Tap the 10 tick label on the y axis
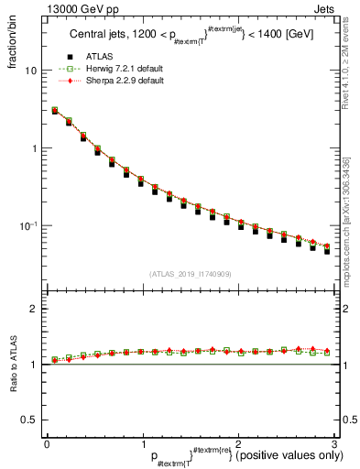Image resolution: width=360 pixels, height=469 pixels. coord(29,71)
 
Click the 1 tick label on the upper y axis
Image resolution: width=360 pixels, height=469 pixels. coord(33,148)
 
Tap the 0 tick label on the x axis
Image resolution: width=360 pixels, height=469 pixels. coord(47,442)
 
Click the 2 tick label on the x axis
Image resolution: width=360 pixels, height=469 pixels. coord(237,442)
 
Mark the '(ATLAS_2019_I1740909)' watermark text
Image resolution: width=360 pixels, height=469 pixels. coord(189,274)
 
